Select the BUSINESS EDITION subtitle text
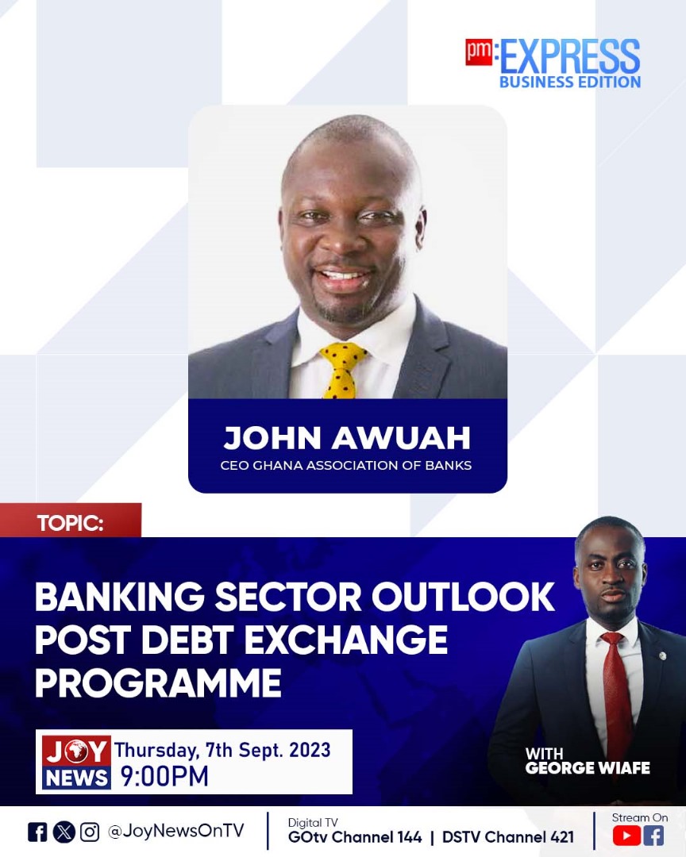coord(569,81)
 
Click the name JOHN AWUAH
coord(347,438)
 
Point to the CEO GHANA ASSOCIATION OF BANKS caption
coord(346,465)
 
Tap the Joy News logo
coord(76,763)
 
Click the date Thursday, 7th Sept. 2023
coord(222,750)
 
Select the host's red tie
coord(616,690)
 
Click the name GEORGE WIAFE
coord(588,768)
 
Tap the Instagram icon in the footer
coord(90,832)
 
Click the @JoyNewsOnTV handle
coord(175,831)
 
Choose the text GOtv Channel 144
coord(354,837)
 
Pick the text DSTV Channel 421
coord(507,837)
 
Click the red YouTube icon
coord(626,835)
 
